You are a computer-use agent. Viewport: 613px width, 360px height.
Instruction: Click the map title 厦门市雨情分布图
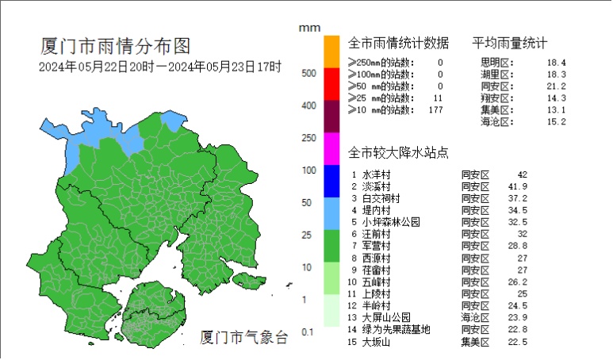pos(115,45)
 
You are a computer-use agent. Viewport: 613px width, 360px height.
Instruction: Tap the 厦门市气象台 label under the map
pos(243,337)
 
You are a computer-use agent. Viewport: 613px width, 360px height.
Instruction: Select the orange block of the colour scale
pos(331,51)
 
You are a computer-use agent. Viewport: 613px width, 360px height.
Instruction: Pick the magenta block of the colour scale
pos(331,148)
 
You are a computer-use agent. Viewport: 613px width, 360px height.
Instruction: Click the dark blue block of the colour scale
pos(331,181)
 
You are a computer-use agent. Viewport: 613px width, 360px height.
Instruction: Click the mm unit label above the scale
pos(308,28)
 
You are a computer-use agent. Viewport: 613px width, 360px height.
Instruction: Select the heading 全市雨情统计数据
pos(399,43)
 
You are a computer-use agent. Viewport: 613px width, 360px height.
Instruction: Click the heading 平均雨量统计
pos(510,43)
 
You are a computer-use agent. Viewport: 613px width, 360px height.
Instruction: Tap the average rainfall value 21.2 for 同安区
pos(556,86)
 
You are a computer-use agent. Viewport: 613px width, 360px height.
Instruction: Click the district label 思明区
pos(497,62)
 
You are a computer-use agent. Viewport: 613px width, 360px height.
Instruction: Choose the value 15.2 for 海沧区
pos(556,121)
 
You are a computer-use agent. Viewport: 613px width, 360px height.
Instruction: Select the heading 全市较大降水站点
pos(399,151)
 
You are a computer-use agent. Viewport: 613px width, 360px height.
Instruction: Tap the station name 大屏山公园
pos(386,317)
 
